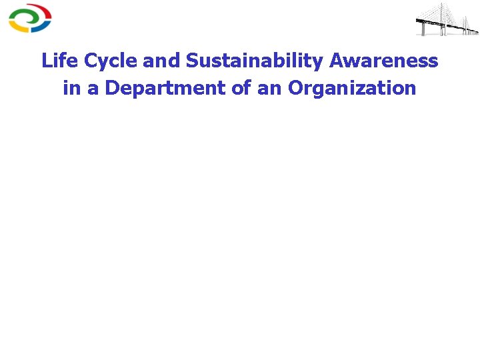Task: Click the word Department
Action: point(166,88)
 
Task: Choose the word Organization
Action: point(352,88)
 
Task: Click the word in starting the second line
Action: point(71,88)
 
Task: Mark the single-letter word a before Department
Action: point(92,88)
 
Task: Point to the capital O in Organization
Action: point(295,88)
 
